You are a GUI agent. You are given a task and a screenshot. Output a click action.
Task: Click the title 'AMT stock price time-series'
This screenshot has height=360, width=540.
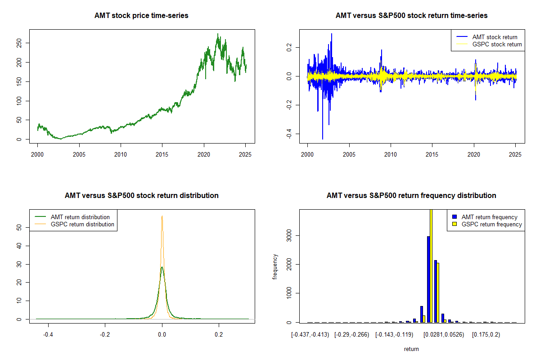pos(141,16)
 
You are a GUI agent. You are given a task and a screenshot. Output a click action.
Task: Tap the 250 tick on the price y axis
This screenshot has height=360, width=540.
pos(19,43)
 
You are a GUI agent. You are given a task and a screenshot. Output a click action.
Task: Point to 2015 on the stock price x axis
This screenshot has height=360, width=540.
pos(162,154)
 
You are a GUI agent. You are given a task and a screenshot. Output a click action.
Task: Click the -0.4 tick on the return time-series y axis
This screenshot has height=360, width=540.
pos(289,134)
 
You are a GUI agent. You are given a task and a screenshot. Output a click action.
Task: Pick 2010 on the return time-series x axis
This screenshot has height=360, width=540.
pos(391,154)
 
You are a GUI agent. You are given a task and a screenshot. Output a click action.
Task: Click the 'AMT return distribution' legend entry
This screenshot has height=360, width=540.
pos(80,217)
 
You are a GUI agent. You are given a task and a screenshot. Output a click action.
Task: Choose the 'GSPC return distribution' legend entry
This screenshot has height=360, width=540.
pos(82,224)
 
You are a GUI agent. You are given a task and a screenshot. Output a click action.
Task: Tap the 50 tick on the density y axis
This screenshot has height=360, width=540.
pos(19,228)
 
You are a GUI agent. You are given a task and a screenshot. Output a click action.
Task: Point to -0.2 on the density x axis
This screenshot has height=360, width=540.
pos(105,334)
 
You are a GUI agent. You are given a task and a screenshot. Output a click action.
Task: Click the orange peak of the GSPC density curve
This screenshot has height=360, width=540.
pos(162,216)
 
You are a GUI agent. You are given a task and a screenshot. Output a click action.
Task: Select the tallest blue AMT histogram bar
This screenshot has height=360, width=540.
pos(428,279)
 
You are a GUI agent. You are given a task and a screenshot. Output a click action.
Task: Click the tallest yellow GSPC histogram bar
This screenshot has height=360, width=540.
pos(431,265)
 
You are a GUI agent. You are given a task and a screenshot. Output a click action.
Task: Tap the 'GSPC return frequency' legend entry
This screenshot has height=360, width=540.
pos(491,224)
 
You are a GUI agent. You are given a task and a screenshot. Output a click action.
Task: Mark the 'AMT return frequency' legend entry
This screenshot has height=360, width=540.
pos(489,217)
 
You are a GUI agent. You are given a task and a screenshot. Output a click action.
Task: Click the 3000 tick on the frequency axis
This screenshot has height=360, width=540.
pos(289,235)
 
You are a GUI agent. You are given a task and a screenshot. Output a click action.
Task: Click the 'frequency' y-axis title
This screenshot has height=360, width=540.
pos(275,266)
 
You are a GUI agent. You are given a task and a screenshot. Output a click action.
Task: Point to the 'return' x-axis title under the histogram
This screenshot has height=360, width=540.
pos(411,349)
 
